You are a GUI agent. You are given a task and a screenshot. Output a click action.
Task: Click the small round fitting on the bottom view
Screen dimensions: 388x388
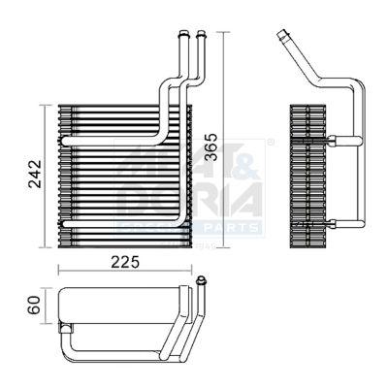coord(201,282)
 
